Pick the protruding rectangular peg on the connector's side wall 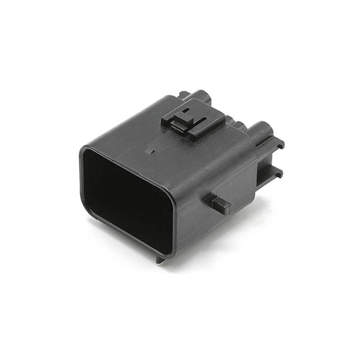point(220,204)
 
